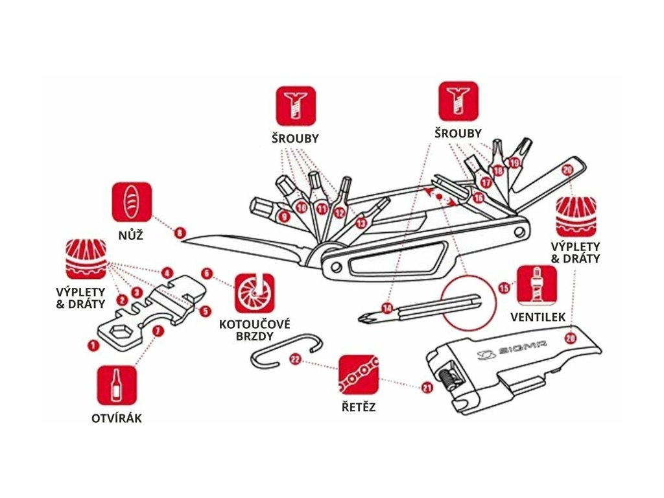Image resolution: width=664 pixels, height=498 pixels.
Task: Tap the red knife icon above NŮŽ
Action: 132,201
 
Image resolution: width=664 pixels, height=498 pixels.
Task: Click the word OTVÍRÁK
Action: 117,418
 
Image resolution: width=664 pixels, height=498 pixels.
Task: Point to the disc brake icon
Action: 254,293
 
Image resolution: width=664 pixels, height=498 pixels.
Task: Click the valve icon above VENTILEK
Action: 536,285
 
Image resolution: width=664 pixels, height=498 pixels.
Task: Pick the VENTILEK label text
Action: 537,318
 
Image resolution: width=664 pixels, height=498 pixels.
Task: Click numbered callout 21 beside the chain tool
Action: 426,388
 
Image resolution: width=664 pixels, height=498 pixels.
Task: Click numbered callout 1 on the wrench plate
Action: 93,346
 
